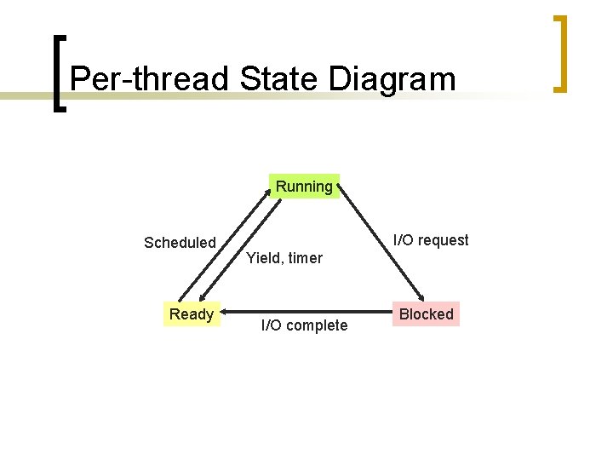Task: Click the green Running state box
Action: pos(304,187)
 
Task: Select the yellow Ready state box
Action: pos(192,314)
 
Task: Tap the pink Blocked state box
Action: pos(426,314)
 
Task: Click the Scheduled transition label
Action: pos(180,243)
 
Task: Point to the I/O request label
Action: pos(431,240)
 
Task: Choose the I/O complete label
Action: pos(304,325)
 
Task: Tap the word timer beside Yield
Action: pos(306,257)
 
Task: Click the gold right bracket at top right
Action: pos(559,53)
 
